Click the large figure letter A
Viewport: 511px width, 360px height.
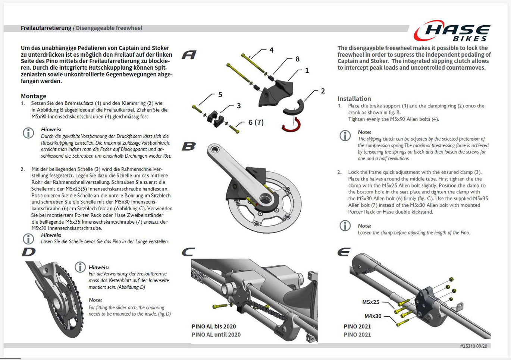pos(189,55)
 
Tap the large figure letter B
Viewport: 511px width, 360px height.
pos(189,146)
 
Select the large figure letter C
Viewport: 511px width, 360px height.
pos(188,252)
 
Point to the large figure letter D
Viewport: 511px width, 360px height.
pos(29,252)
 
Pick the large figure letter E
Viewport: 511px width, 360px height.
pos(344,252)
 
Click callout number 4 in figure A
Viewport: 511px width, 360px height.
pos(272,50)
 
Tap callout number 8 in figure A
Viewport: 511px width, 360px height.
pos(297,59)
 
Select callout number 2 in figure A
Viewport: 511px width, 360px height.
pos(323,91)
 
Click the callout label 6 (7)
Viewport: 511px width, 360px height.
pos(256,122)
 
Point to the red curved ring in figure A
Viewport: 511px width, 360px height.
pos(291,125)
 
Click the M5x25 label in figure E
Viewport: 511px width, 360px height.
pos(371,302)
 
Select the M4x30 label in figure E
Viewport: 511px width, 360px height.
pos(373,316)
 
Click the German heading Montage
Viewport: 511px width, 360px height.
pos(34,96)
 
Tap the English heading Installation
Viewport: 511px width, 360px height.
pos(354,99)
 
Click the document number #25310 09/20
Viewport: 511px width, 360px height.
pos(474,346)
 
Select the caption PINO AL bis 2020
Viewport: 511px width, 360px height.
pos(214,326)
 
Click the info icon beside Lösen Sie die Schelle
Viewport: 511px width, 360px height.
pos(28,239)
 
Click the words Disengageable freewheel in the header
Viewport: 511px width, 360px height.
pos(109,28)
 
